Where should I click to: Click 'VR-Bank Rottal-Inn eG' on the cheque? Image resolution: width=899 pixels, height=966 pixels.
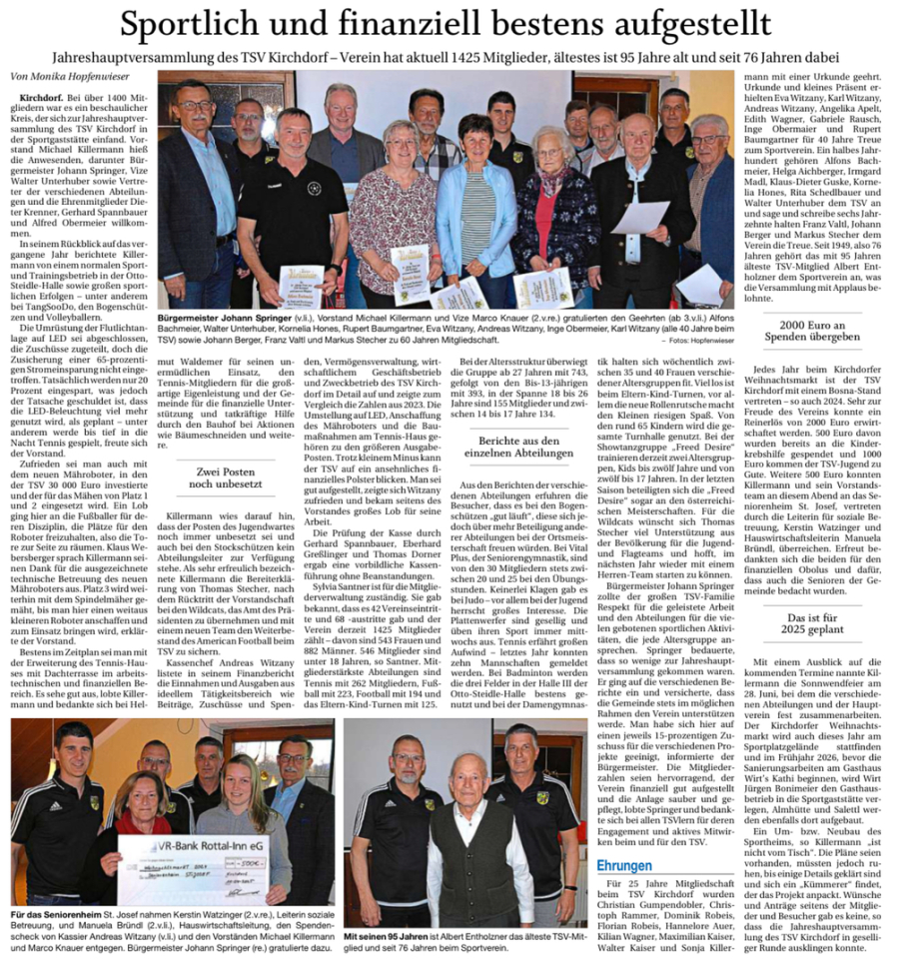point(198,844)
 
